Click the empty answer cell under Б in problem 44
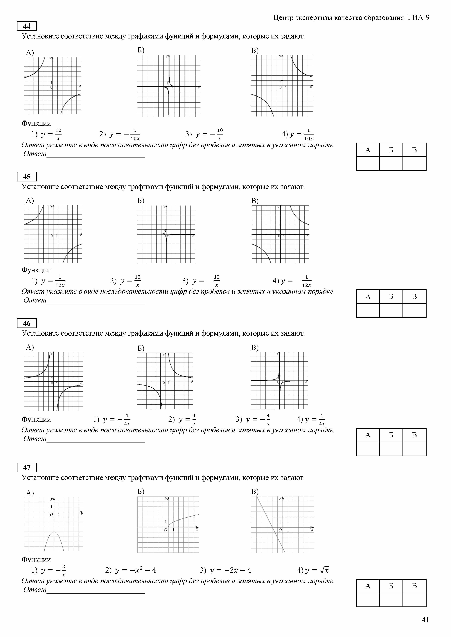[x=391, y=164]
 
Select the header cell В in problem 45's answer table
[x=414, y=297]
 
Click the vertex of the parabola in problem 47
[x=54, y=532]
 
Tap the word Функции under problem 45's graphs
[x=36, y=270]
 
